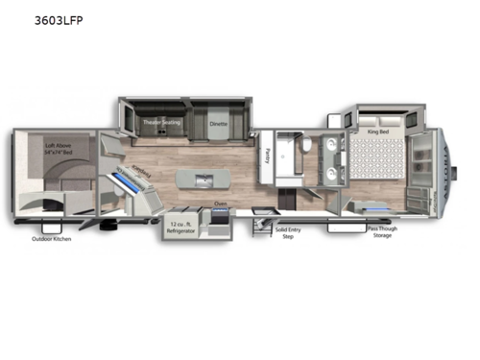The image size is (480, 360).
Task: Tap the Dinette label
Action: [219, 124]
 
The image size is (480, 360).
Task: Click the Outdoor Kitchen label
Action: [52, 238]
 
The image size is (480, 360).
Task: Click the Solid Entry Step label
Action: [287, 233]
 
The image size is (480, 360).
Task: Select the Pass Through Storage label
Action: [382, 233]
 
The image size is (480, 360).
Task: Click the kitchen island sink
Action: [203, 179]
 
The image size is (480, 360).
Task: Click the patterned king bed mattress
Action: [374, 161]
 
